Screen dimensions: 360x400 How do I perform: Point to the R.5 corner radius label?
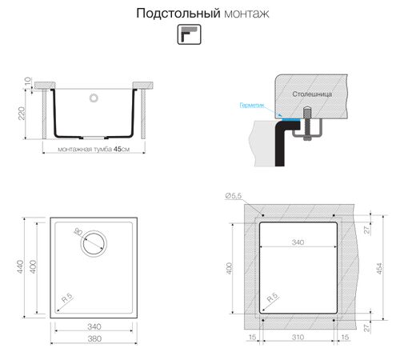pos(68,297)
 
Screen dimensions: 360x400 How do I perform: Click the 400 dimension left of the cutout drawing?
pos(232,266)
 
